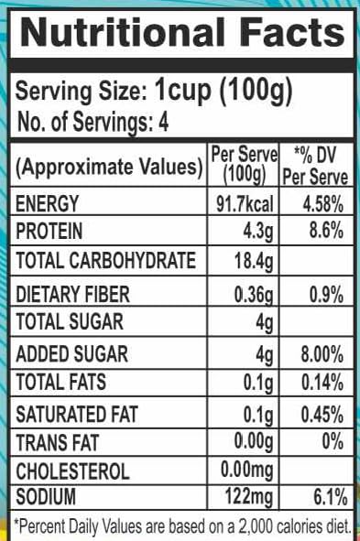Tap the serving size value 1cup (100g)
coord(224,91)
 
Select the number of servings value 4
coord(163,122)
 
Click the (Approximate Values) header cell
coord(109,167)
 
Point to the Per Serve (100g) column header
coord(245,165)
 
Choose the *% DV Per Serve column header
coord(315,166)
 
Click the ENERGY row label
coord(48,203)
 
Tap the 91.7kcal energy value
coord(245,203)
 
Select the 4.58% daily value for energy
coord(323,203)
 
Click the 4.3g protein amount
coord(258,232)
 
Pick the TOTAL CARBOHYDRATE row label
coord(106,260)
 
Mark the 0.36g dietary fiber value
coord(254,296)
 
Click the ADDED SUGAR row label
coord(71,354)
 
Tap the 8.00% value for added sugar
coord(322,354)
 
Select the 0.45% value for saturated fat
coord(322,415)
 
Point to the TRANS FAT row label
coord(58,443)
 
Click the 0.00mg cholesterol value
coord(246,471)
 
